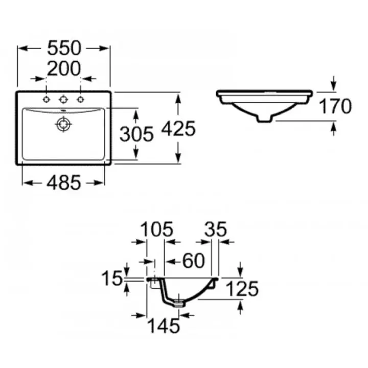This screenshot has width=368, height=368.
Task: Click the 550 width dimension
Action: (64, 48)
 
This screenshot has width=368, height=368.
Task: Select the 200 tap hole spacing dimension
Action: (64, 67)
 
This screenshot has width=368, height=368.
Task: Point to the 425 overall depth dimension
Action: (178, 129)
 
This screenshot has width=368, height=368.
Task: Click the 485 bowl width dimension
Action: (64, 182)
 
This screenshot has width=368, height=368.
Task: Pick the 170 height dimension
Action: (335, 106)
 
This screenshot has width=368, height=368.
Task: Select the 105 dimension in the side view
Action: (156, 229)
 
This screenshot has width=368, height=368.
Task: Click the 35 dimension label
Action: (215, 229)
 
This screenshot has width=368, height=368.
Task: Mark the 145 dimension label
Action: (163, 325)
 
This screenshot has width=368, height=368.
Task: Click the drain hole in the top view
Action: (63, 124)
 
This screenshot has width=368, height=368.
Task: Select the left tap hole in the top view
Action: (47, 99)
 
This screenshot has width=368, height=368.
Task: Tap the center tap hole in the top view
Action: (63, 99)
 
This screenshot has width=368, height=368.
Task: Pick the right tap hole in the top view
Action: (80, 99)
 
